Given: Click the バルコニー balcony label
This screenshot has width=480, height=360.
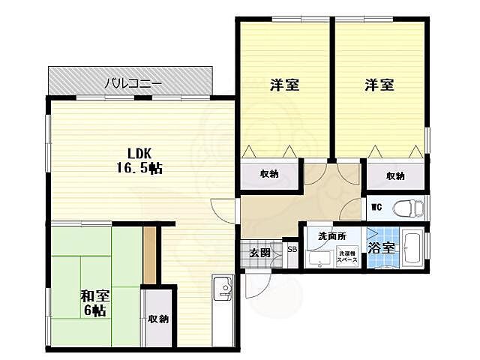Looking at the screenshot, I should click(x=132, y=82).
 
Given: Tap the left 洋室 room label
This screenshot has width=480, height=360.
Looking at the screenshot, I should click(x=284, y=85).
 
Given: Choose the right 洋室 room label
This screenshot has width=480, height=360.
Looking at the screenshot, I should click(x=379, y=85).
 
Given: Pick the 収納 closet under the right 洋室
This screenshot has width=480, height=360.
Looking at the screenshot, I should click(x=395, y=176).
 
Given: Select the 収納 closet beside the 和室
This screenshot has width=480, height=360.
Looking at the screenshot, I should click(x=158, y=319).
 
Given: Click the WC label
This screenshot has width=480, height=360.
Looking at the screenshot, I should click(x=376, y=205).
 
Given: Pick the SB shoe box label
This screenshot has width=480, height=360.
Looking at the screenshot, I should click(x=292, y=249).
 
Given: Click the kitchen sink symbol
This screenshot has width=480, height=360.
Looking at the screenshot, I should click(x=223, y=289).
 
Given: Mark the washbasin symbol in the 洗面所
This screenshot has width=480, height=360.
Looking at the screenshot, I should click(x=319, y=259).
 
